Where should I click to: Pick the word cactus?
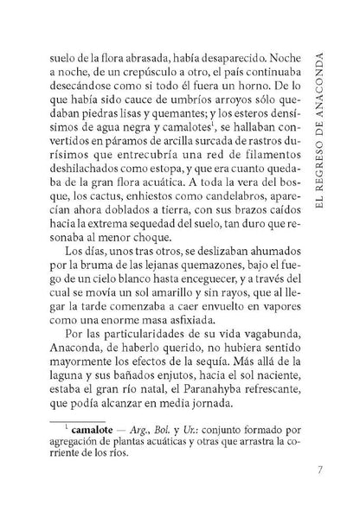click(122, 206)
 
